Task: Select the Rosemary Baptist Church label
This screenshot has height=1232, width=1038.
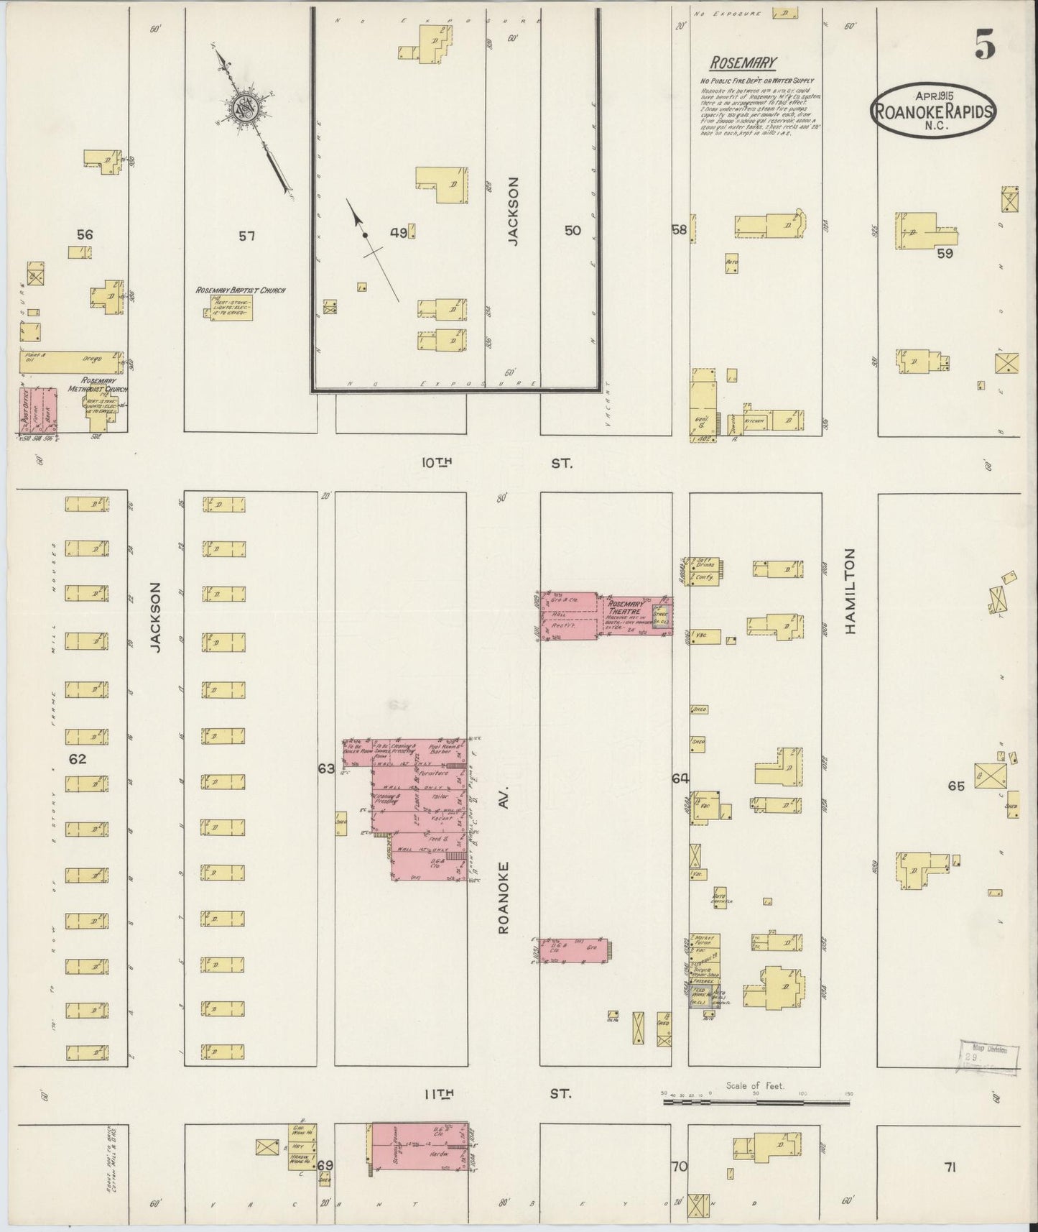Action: (231, 290)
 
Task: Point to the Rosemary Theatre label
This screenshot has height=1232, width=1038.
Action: (626, 608)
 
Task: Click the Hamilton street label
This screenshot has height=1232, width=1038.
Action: (851, 591)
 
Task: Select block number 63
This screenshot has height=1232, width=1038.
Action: (326, 769)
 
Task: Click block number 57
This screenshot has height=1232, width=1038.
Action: (246, 235)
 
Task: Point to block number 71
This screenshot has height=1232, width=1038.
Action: (950, 1167)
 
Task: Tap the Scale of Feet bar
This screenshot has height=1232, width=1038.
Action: (755, 1100)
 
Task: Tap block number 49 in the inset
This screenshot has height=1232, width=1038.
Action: (399, 232)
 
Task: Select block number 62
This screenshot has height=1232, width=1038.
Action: (77, 759)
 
